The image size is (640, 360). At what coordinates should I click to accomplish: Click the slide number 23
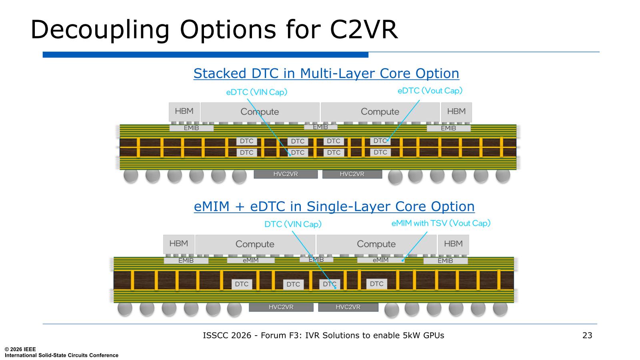point(587,335)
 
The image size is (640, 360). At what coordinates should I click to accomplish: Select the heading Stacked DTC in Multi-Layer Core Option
point(326,74)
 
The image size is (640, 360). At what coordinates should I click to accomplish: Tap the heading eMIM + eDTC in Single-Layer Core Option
point(334,206)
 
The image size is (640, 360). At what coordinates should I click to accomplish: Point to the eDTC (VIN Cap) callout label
point(256,92)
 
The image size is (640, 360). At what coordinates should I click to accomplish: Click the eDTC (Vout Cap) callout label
point(430,90)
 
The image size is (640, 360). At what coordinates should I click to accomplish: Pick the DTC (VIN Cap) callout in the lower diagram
point(293,224)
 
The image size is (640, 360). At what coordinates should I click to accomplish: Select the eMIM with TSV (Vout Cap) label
point(441,223)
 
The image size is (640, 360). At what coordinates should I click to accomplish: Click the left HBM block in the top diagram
point(184,112)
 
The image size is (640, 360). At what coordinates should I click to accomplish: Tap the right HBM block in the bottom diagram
point(454,244)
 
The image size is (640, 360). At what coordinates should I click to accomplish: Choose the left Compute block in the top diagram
point(260,112)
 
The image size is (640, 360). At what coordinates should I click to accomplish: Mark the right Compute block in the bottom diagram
point(376,244)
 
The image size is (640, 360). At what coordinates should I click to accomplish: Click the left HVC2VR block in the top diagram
point(286,174)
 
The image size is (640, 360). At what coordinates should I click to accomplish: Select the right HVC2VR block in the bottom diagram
point(348,307)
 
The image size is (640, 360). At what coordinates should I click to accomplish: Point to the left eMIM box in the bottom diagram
point(250,260)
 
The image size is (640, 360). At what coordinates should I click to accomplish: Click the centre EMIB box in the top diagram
point(320,127)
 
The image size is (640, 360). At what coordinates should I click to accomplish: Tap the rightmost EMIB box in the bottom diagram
point(446,260)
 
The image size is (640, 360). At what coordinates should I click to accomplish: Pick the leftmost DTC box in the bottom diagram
point(242,284)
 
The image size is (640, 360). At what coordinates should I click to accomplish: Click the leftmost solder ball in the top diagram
point(131,176)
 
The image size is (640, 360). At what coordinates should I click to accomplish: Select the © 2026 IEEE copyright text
point(20,349)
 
